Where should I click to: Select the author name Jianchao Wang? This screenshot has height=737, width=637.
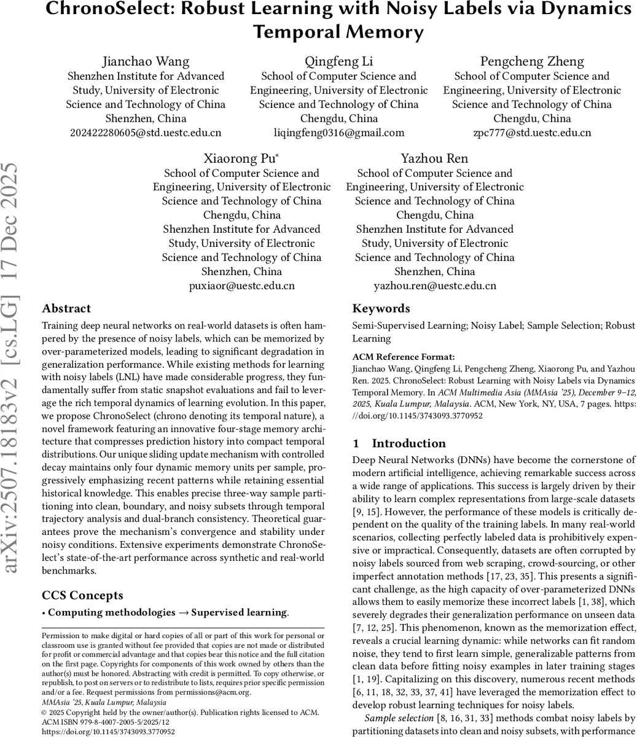click(x=146, y=61)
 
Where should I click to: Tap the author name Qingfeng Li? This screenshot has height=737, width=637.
click(x=338, y=61)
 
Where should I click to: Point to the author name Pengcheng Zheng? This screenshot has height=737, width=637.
click(x=532, y=61)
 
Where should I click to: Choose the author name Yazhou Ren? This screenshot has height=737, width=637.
click(x=435, y=158)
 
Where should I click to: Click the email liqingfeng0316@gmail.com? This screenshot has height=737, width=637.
click(x=338, y=133)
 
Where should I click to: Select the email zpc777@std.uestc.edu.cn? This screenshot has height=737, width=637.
click(x=532, y=133)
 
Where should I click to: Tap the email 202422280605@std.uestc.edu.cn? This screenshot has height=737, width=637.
click(x=146, y=133)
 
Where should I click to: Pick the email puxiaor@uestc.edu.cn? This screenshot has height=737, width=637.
click(x=242, y=286)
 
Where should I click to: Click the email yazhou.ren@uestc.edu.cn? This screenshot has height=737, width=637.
click(x=435, y=286)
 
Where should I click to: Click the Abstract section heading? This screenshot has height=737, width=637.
click(x=66, y=308)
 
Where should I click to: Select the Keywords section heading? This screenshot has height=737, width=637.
click(x=381, y=308)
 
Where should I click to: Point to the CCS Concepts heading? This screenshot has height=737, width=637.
click(x=82, y=595)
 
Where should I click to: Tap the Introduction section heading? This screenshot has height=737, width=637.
click(x=408, y=443)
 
